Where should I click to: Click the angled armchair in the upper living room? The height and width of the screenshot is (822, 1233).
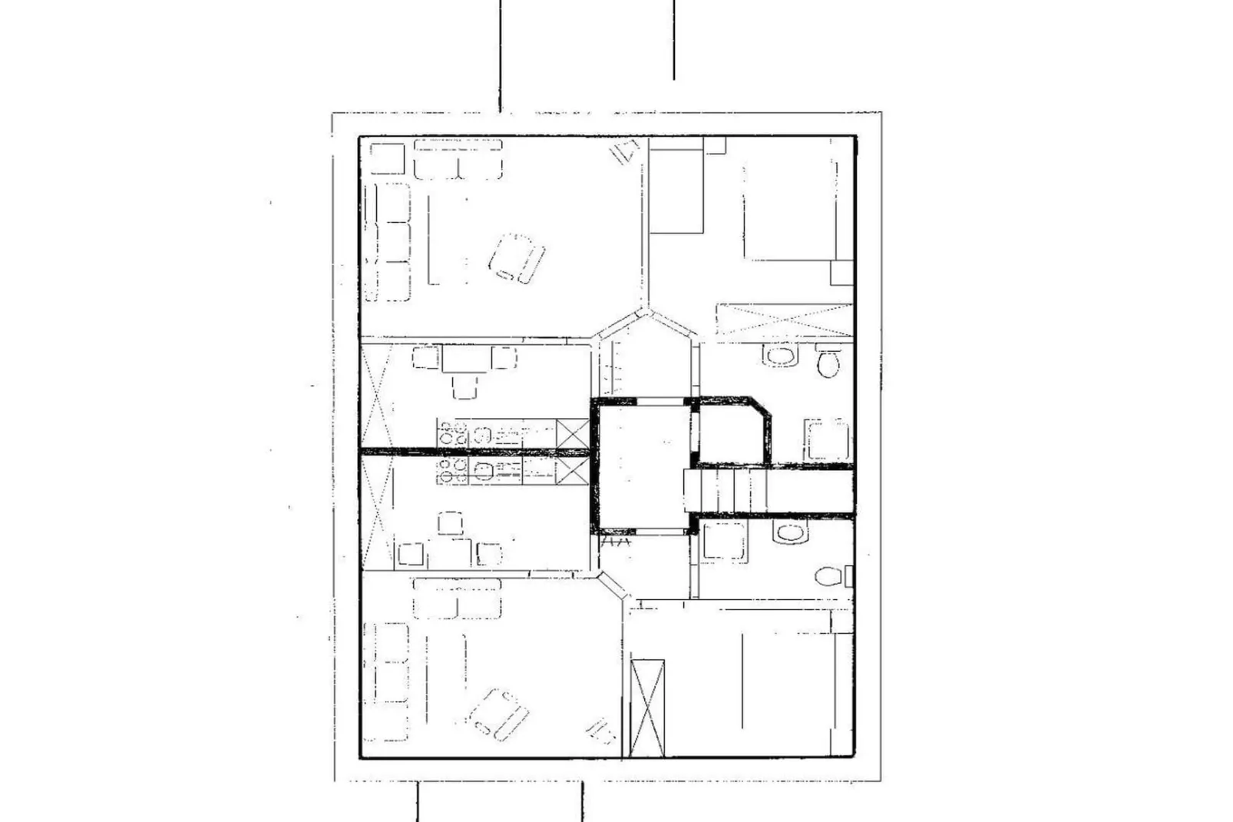(x=516, y=259)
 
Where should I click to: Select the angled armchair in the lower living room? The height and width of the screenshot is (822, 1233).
(x=498, y=714)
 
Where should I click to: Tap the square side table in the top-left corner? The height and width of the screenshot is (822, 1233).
(x=387, y=158)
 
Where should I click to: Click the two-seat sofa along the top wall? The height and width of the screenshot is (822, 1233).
(x=458, y=159)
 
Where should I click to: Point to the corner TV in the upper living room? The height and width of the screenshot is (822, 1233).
(x=625, y=151)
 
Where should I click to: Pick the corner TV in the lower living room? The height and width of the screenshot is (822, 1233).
(x=600, y=731)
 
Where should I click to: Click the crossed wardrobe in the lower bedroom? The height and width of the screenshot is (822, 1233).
(x=647, y=708)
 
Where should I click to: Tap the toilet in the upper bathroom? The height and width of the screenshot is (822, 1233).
(x=828, y=361)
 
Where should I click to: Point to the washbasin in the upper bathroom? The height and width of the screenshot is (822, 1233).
(x=781, y=355)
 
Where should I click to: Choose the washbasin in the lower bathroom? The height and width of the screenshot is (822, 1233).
(x=790, y=532)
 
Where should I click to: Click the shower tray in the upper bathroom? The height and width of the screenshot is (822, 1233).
(x=827, y=440)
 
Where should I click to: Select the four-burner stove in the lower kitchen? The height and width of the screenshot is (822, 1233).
(x=452, y=471)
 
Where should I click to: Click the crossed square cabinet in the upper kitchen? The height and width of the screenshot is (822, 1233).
(x=572, y=433)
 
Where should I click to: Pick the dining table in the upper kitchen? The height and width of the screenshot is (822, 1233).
(x=465, y=359)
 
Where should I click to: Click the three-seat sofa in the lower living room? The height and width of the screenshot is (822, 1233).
(x=386, y=681)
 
